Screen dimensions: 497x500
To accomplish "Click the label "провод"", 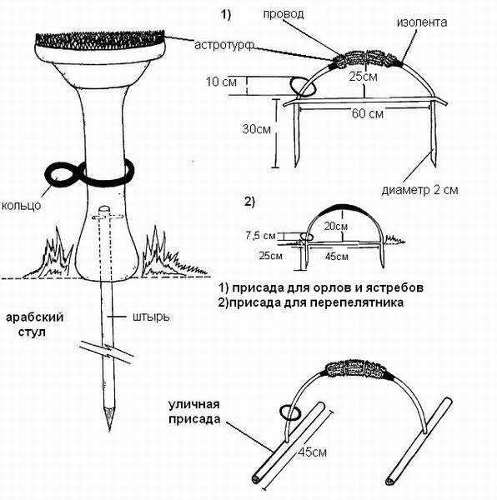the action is click(x=284, y=14).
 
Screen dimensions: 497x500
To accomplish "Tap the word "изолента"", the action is click(x=422, y=22).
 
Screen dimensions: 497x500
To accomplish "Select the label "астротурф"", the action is click(x=224, y=45).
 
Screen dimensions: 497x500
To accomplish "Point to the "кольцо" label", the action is click(x=22, y=205).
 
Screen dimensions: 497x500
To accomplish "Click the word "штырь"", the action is click(x=151, y=317).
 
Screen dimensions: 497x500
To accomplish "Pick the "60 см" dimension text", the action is click(x=368, y=113).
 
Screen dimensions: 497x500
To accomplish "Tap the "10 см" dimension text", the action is click(x=221, y=82).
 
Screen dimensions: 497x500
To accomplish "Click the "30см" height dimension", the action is click(x=257, y=129).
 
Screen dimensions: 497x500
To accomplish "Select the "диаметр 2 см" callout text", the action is click(x=419, y=190).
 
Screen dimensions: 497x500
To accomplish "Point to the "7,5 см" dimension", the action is click(x=260, y=236).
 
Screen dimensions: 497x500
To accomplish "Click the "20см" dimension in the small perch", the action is click(x=335, y=226).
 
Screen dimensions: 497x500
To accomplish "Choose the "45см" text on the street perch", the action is click(x=313, y=452).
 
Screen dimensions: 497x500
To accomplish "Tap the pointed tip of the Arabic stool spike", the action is click(x=109, y=431).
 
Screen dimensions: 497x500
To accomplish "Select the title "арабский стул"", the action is click(x=34, y=325).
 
